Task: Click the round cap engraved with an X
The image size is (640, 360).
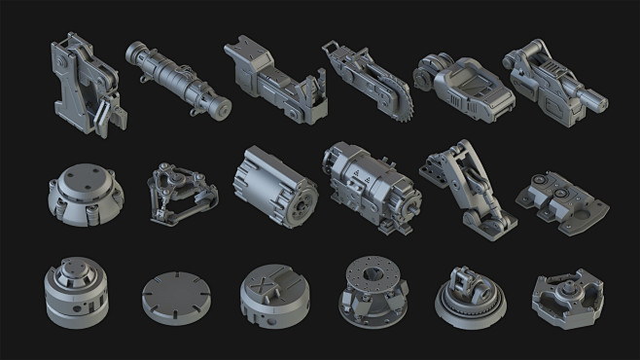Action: coord(273,292)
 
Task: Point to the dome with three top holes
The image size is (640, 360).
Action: coord(85,187)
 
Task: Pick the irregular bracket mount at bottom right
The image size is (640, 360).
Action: coord(566,295)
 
